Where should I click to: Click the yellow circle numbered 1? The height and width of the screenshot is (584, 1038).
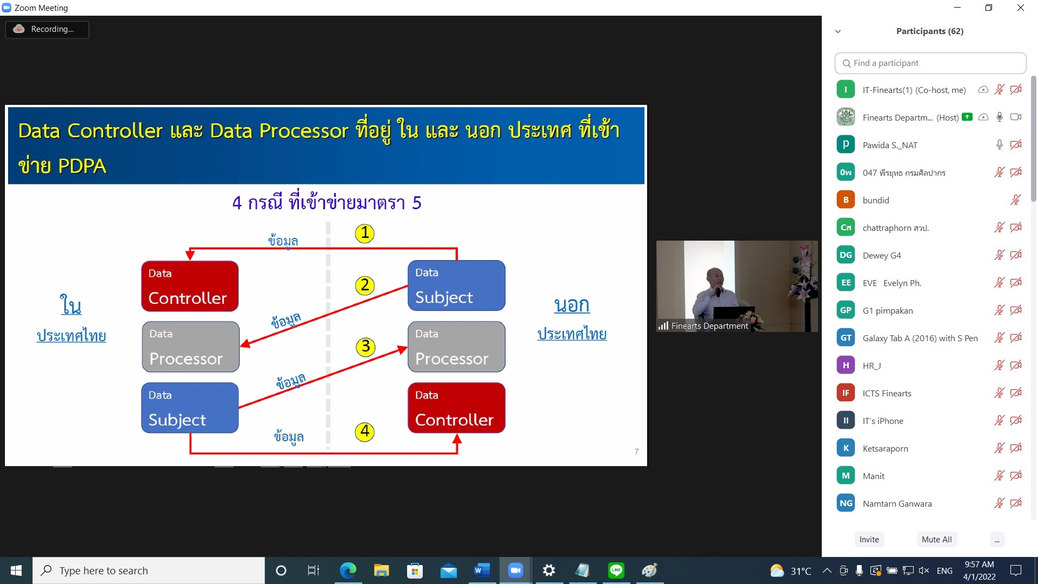click(365, 233)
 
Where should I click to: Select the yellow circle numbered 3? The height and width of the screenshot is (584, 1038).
click(366, 347)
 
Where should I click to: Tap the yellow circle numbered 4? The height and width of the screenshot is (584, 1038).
click(365, 432)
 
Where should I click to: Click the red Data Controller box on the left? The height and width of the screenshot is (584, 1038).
click(190, 286)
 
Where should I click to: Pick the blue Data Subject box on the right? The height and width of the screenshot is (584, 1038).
click(456, 286)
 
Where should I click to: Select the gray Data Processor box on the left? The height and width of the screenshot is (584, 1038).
click(190, 347)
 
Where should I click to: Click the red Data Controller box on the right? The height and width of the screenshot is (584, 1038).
click(456, 408)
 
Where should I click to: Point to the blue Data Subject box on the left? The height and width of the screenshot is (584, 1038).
click(190, 408)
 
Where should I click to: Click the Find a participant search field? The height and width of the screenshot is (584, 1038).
click(930, 63)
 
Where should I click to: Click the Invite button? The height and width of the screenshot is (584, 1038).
click(869, 539)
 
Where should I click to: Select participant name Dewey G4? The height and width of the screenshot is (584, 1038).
click(882, 255)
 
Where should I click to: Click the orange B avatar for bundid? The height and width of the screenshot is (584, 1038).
click(846, 200)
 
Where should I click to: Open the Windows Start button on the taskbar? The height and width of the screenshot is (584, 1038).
click(16, 570)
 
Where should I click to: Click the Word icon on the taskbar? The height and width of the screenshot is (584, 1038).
click(482, 570)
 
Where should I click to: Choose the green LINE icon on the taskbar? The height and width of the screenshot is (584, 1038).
click(616, 570)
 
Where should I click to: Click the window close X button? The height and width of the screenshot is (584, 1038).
click(1021, 8)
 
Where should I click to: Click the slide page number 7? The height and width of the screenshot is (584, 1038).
click(637, 452)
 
